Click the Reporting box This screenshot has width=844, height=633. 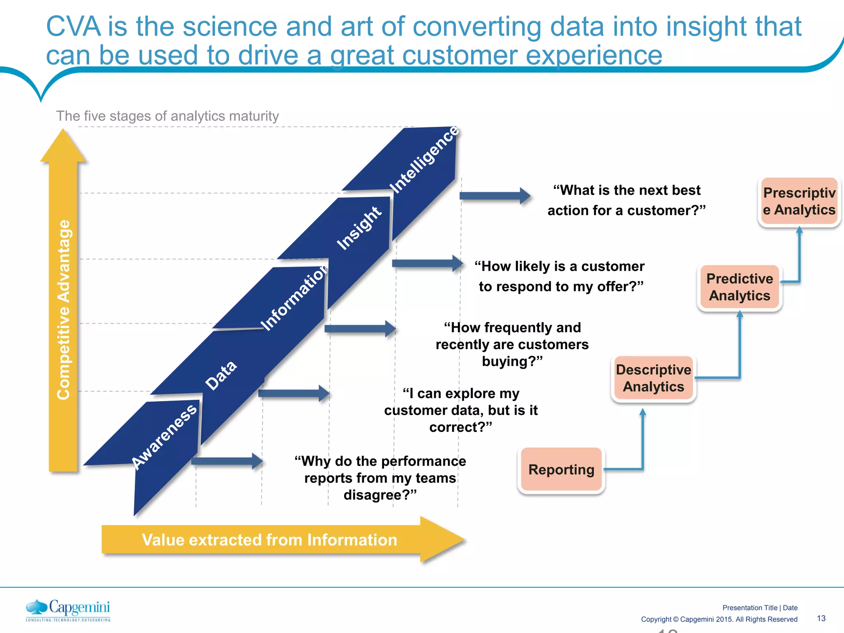(561, 469)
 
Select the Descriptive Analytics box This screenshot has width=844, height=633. (654, 378)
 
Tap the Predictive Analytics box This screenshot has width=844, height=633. (740, 287)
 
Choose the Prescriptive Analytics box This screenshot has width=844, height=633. (799, 201)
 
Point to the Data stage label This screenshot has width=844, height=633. (221, 375)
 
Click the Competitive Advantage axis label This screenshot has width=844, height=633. (63, 309)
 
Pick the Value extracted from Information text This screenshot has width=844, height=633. (270, 540)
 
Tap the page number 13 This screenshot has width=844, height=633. (821, 618)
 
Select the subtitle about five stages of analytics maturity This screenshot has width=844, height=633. (167, 116)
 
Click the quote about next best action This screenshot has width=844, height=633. (626, 200)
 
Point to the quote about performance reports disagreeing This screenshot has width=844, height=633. (380, 478)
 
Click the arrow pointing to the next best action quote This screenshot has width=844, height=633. (495, 196)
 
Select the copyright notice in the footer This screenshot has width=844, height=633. (719, 619)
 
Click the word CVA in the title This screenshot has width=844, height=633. (73, 27)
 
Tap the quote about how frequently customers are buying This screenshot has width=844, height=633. (512, 345)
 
